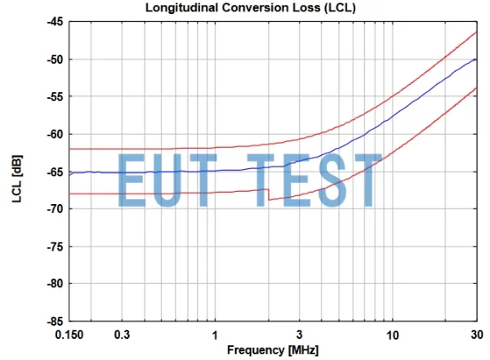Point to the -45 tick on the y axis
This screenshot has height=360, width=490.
pos(52,22)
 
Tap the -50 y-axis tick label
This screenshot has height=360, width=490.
pos(52,60)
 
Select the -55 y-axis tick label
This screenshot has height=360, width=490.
pos(52,96)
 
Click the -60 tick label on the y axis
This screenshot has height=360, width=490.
pos(52,134)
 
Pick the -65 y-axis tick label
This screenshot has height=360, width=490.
pos(52,171)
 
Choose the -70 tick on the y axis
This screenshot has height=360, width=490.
pos(52,209)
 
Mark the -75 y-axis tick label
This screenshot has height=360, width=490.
pos(52,247)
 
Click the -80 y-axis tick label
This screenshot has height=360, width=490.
pos(52,283)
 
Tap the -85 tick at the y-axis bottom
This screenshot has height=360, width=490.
pos(52,321)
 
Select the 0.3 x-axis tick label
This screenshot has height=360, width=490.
pos(122,336)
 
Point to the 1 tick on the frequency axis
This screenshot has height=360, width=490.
pos(215,336)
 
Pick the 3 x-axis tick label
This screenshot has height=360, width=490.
pos(301,336)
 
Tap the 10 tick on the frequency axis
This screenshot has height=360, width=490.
pos(392,336)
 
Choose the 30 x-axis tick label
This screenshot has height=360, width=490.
pos(477,336)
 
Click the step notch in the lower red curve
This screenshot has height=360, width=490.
pos(267,194)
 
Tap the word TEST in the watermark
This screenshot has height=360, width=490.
pos(326,179)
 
